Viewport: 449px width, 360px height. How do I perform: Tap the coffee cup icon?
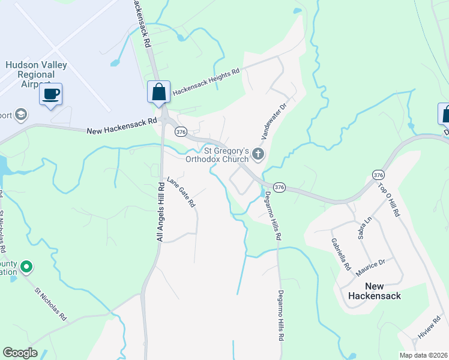point(51,94)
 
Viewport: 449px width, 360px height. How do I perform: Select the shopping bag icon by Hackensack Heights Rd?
point(158,92)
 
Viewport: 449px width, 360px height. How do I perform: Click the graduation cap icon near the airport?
point(22,114)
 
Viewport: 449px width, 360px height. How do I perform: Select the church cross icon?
point(258,155)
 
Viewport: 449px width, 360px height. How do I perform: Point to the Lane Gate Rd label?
point(181,192)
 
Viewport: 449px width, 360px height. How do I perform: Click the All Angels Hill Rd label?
point(160,211)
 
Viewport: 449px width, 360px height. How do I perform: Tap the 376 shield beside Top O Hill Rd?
point(378,175)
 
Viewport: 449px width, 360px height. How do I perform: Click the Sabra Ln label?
point(361,229)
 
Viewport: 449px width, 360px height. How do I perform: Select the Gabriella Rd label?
point(339,254)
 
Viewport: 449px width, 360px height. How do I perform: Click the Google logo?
point(20,353)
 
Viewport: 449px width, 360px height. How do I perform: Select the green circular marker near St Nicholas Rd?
point(26,266)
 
